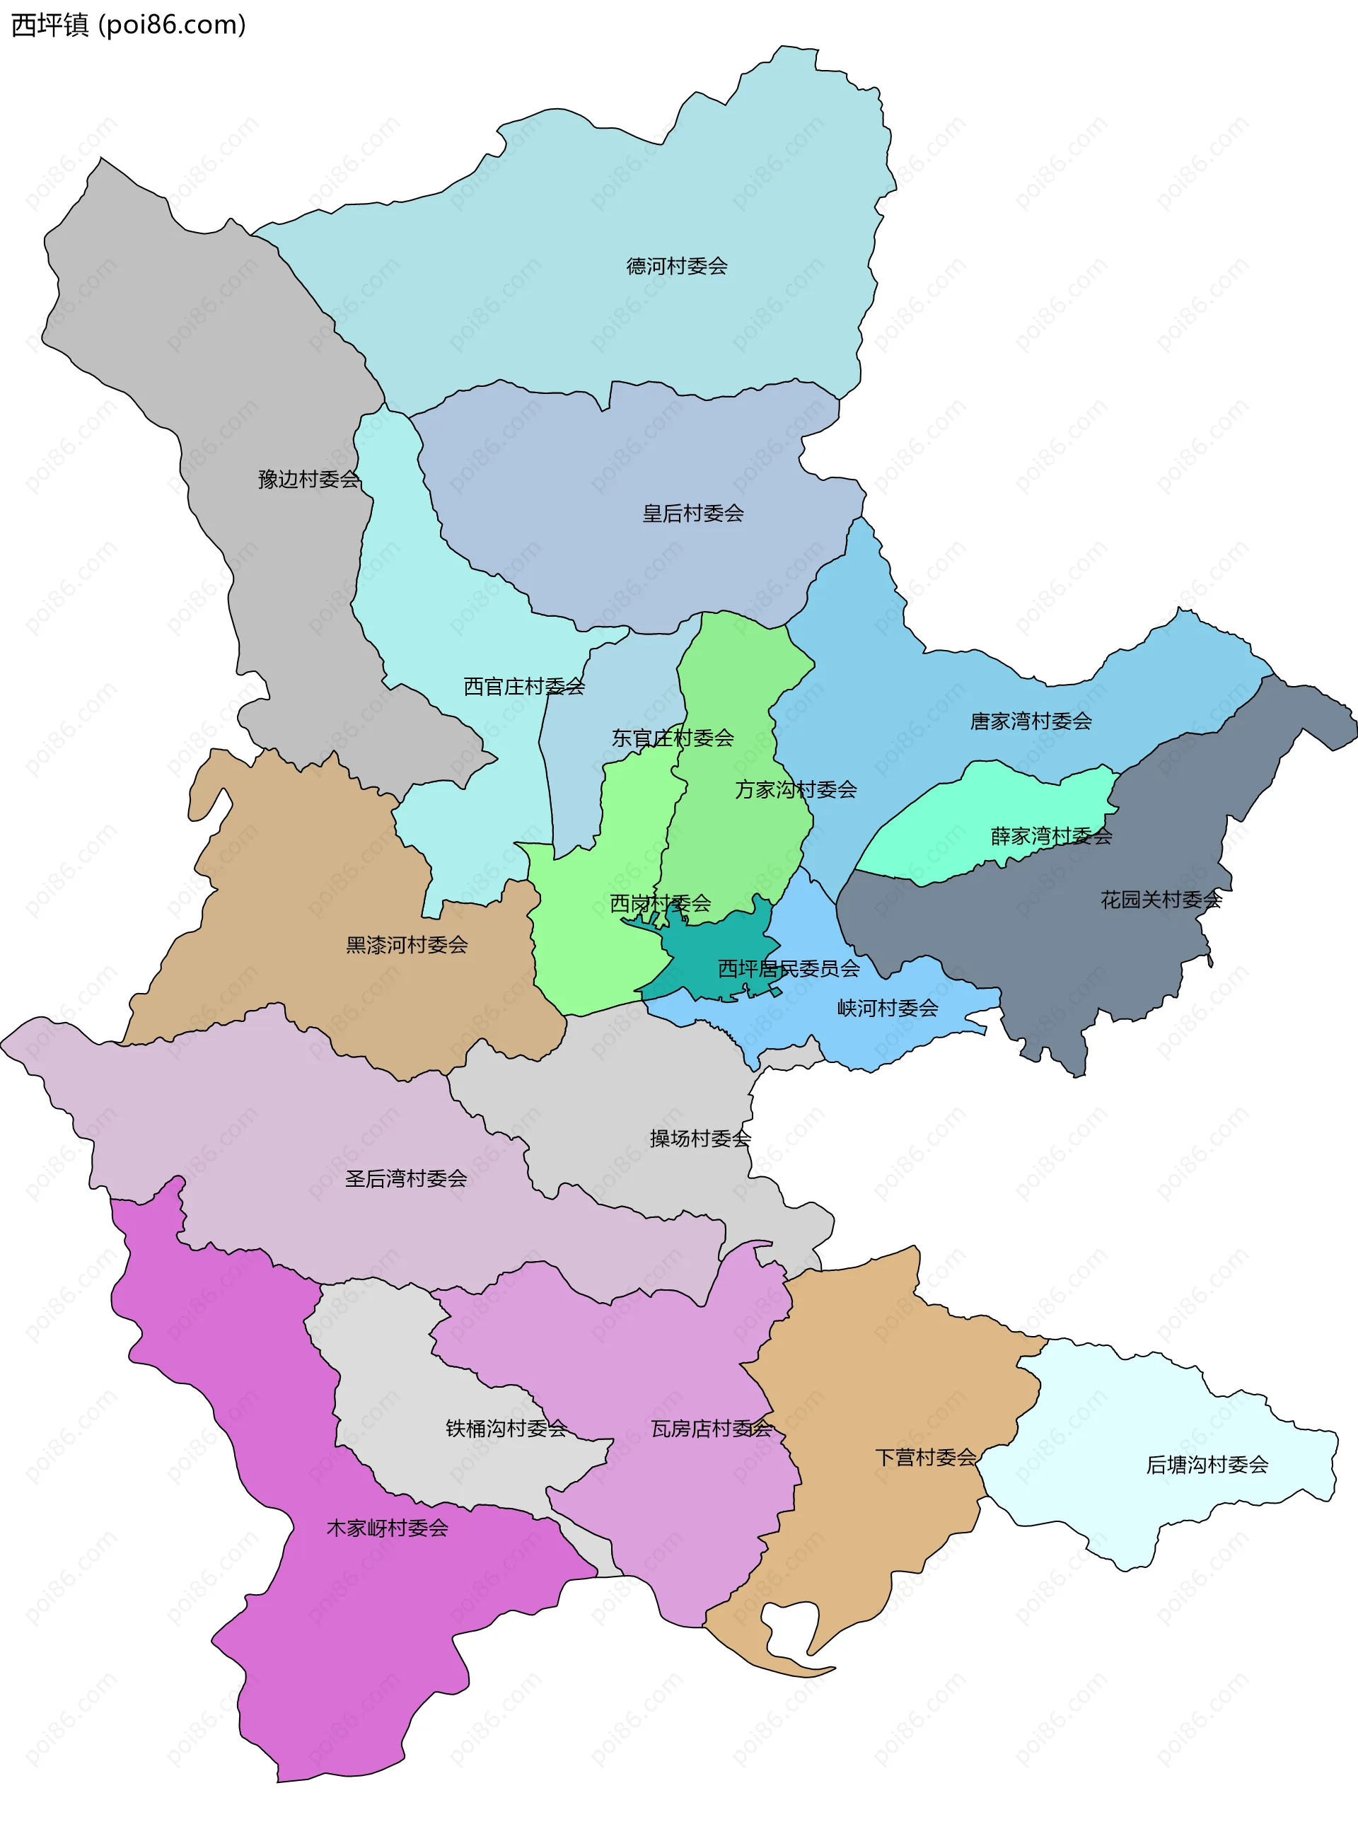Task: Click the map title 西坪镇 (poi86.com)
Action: (x=128, y=25)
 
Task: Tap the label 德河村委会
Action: (x=677, y=267)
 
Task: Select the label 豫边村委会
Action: (x=309, y=480)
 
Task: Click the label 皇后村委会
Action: (x=693, y=513)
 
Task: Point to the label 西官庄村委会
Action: (x=523, y=686)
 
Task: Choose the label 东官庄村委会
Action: (x=673, y=738)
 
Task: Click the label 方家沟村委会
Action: (x=796, y=790)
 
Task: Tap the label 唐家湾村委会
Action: (x=1031, y=721)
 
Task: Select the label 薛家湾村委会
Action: (x=1051, y=837)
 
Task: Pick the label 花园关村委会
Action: (x=1161, y=900)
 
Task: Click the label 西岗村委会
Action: (x=660, y=903)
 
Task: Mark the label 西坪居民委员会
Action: (x=789, y=969)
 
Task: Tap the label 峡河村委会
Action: (x=888, y=1009)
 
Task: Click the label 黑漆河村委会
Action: (x=407, y=946)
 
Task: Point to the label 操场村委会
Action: (x=700, y=1139)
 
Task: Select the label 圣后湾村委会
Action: (x=406, y=1179)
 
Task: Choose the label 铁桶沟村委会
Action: (x=506, y=1429)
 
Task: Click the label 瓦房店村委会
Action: (x=712, y=1429)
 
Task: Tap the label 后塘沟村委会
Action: (x=1207, y=1465)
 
